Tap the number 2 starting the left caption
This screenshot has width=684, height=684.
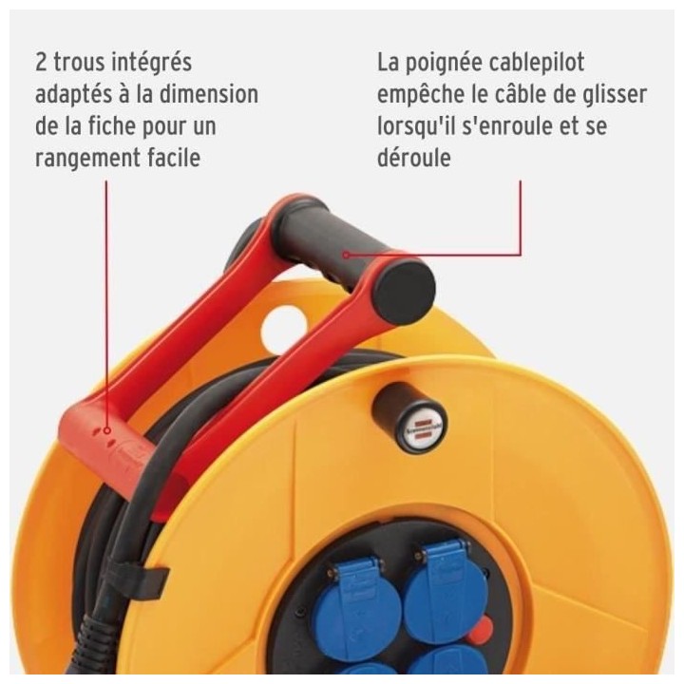[x=41, y=63]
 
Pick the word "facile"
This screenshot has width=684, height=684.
[x=172, y=157]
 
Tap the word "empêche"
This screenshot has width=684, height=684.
[x=419, y=95]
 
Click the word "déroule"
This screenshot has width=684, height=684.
[x=413, y=158]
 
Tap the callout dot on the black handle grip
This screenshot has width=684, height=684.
[x=348, y=254]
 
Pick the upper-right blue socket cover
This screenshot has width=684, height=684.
[x=437, y=579]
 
